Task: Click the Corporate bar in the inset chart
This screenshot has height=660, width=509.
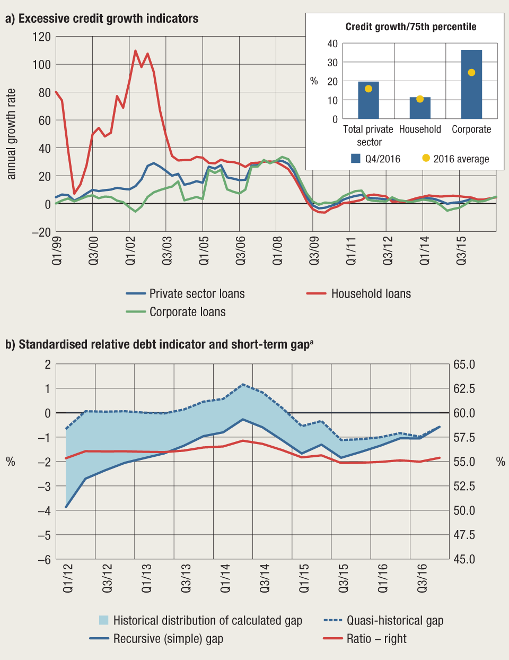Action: tap(471, 85)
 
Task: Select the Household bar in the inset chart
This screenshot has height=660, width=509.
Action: tap(420, 108)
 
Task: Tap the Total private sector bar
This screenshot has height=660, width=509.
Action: tap(368, 101)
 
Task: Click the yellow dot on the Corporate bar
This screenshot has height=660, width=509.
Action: tap(471, 73)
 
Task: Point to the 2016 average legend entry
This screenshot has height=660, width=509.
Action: tap(455, 159)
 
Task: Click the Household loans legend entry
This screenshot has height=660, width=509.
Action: tap(371, 293)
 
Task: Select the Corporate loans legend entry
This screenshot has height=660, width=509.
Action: tap(187, 312)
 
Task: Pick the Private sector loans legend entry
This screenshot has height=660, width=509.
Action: tap(197, 293)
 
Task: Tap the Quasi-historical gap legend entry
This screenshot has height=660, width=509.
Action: tap(394, 620)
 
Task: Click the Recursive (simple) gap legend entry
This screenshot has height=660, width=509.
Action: tap(168, 638)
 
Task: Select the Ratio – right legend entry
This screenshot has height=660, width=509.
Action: tap(376, 638)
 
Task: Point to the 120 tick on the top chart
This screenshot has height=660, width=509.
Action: tap(41, 37)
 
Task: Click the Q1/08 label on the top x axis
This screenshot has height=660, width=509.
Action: tap(277, 251)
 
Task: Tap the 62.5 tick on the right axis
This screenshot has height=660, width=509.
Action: tap(464, 388)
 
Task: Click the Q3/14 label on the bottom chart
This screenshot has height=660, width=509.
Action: tap(265, 578)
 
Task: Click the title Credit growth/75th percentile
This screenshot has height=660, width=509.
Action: tap(411, 27)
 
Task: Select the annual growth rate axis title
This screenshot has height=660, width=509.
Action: tap(11, 134)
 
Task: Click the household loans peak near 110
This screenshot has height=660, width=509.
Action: tap(135, 51)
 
